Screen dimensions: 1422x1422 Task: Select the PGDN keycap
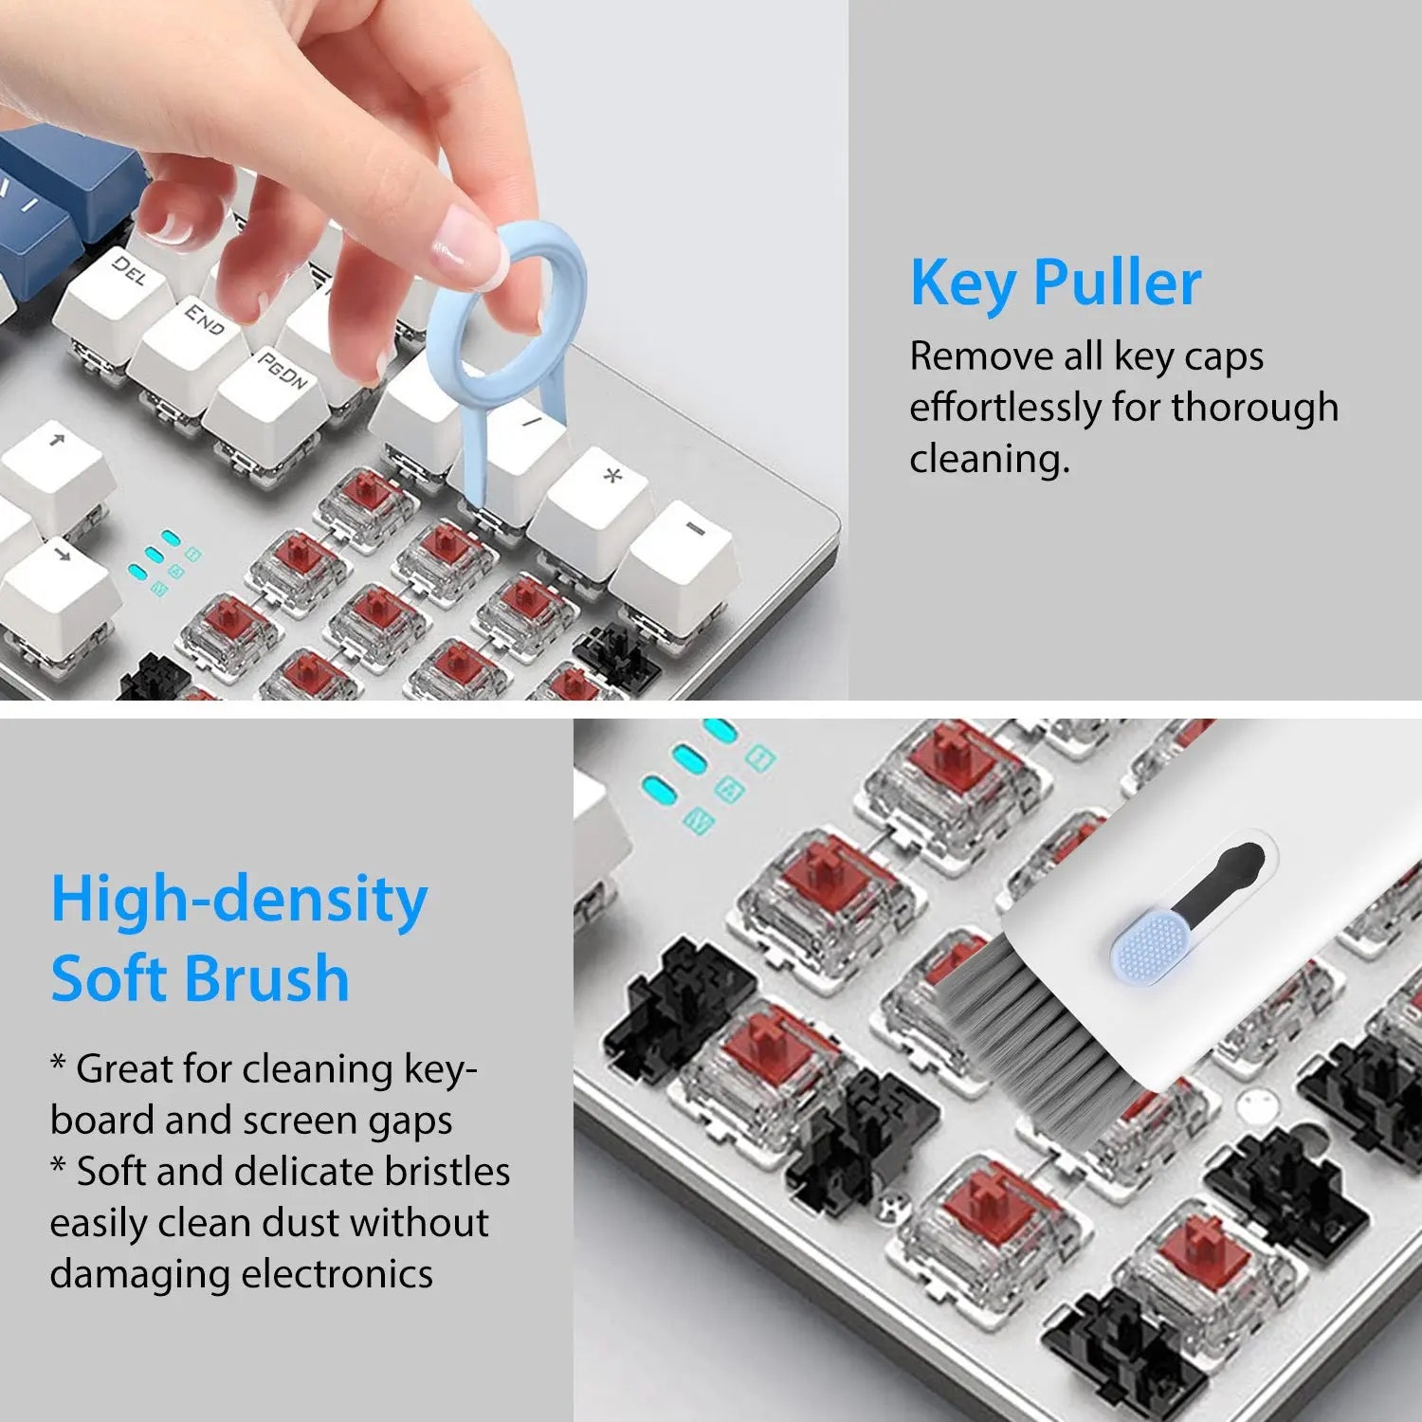[x=281, y=374]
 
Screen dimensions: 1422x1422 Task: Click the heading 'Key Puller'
[x=1055, y=283]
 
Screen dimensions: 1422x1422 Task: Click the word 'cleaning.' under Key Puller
[x=989, y=459]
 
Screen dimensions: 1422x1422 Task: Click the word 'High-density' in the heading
[x=239, y=901]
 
